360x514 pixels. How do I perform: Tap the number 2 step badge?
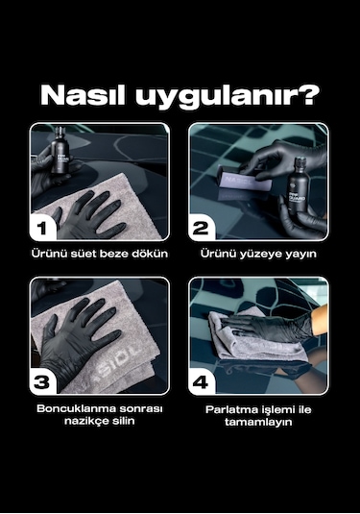(202, 228)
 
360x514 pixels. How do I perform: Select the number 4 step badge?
(202, 381)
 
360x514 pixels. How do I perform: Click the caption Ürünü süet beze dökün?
(99, 255)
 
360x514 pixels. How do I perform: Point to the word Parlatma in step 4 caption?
(230, 408)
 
